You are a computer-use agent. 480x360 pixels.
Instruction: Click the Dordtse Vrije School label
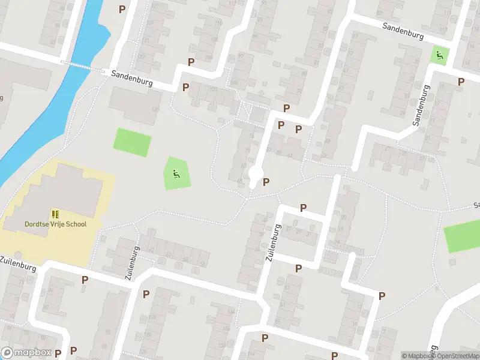point(55,224)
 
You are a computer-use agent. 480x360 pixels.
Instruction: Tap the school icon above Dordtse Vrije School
point(55,214)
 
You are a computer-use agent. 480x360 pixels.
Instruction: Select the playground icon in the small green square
point(440,56)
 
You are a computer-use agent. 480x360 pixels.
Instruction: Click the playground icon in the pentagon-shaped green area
point(176,175)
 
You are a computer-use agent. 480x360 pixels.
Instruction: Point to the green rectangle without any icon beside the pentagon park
point(132,143)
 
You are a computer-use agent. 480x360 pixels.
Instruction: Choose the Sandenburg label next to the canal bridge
point(132,78)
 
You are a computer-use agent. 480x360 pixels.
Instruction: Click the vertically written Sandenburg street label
point(421,104)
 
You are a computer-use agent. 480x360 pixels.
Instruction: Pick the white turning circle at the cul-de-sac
point(255,174)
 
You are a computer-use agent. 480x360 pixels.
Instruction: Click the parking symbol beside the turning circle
point(266,182)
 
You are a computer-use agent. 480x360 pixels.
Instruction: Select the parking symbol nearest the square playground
point(461,81)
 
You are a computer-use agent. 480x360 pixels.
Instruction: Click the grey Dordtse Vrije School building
point(60,192)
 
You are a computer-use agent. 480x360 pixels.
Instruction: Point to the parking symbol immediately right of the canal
point(122,9)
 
